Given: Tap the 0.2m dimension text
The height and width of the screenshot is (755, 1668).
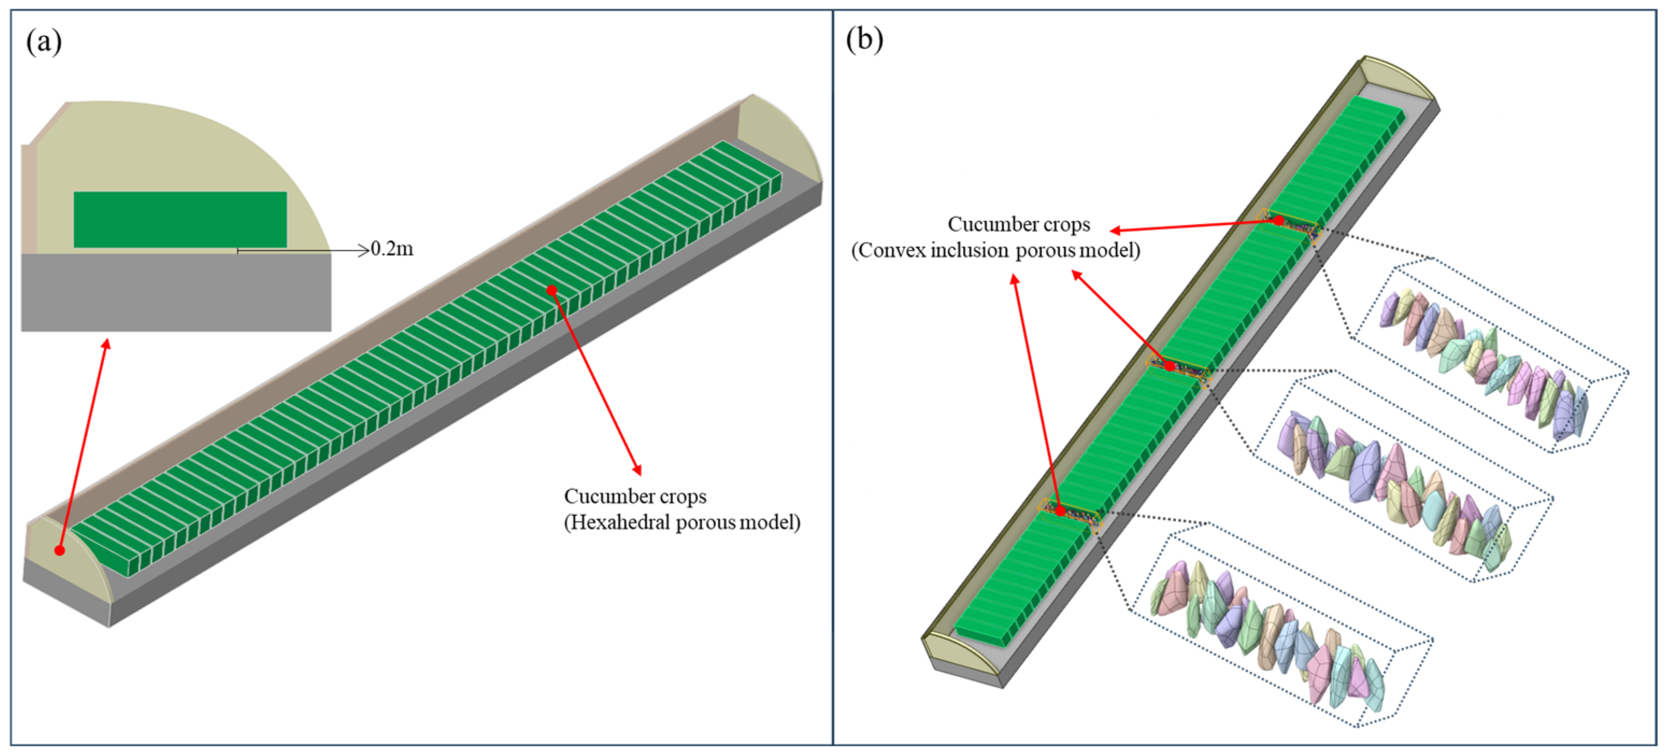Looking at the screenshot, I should (392, 249).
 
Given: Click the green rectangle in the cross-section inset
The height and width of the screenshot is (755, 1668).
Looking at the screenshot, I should (180, 219).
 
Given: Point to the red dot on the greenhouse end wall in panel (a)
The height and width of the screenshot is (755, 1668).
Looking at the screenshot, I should (60, 550).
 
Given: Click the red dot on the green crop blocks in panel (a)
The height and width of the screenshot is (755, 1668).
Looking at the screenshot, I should (552, 290).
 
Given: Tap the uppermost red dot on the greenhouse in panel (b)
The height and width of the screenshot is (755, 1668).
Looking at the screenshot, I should (1279, 221).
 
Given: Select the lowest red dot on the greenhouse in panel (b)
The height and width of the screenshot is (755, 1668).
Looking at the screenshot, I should (1060, 511).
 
